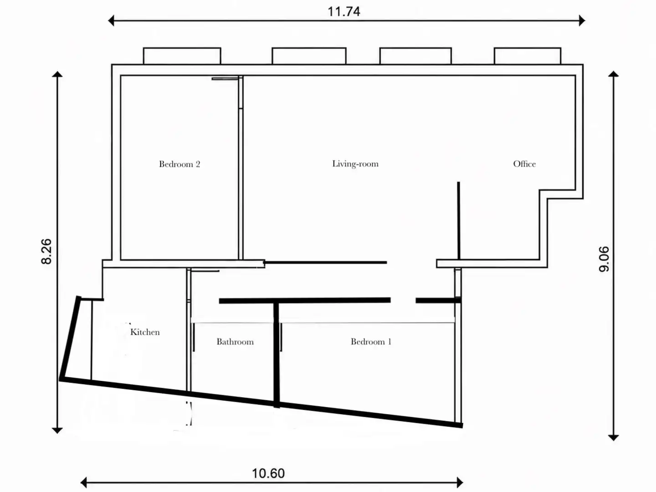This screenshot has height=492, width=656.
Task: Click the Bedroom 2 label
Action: pos(179,164)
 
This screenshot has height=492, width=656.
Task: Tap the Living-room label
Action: pos(355,164)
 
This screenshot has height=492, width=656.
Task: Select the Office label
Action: pos(524,164)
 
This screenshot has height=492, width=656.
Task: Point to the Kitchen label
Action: pos(145,332)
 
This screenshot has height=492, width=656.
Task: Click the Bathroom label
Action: pos(235,342)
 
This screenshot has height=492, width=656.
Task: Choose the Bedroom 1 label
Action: pos(371,342)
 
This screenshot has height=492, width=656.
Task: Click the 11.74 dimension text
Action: pos(343,12)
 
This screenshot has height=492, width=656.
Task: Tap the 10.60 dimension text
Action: pos(268,473)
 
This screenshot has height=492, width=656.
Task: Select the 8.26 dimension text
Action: pos(46,251)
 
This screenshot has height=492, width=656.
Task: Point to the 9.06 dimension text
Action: pos(604,259)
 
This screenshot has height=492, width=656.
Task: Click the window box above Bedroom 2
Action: pos(182,56)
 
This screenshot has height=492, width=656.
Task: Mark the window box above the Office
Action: pos(528,56)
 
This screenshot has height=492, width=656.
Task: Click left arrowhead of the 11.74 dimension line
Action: pos(111,20)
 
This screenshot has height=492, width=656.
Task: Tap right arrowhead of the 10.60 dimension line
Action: pos(460,482)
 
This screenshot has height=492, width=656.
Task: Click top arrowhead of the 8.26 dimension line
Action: pos(57,74)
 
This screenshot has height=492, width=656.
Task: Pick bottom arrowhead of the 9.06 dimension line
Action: pos(613,438)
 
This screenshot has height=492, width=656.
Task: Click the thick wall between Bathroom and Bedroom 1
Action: pos(277,354)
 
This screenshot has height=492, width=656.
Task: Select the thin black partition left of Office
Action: pos(459,220)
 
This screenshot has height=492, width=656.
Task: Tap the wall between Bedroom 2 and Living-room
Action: pos(241,168)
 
